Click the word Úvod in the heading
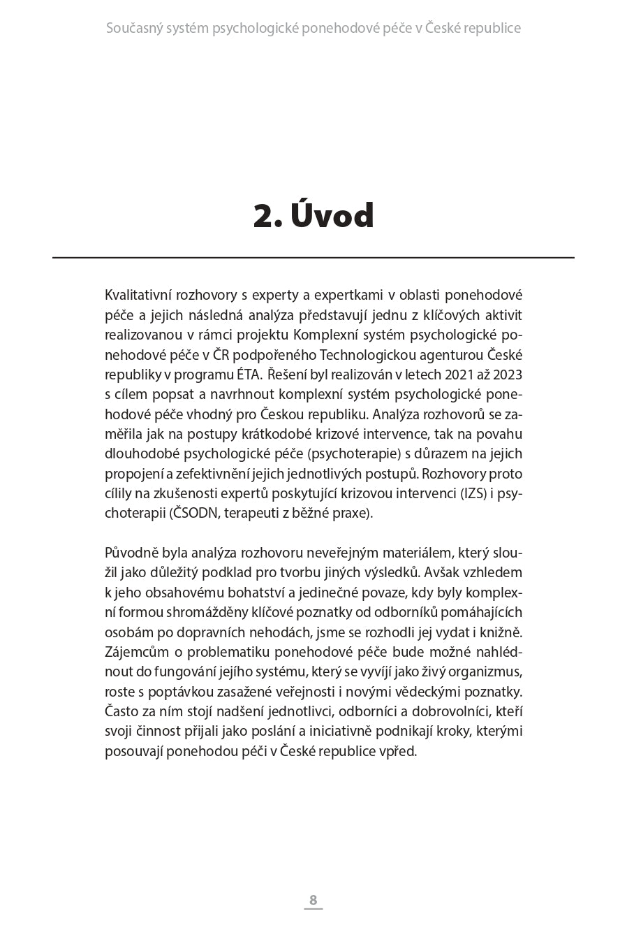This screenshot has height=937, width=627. (x=332, y=216)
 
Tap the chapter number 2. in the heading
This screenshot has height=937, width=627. (x=267, y=216)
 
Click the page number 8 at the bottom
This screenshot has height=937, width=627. (x=313, y=900)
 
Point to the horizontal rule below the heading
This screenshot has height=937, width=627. (x=313, y=258)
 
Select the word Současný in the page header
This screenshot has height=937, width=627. (x=133, y=29)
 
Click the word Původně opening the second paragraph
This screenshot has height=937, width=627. (x=131, y=553)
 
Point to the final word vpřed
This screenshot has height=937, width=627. (x=399, y=751)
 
